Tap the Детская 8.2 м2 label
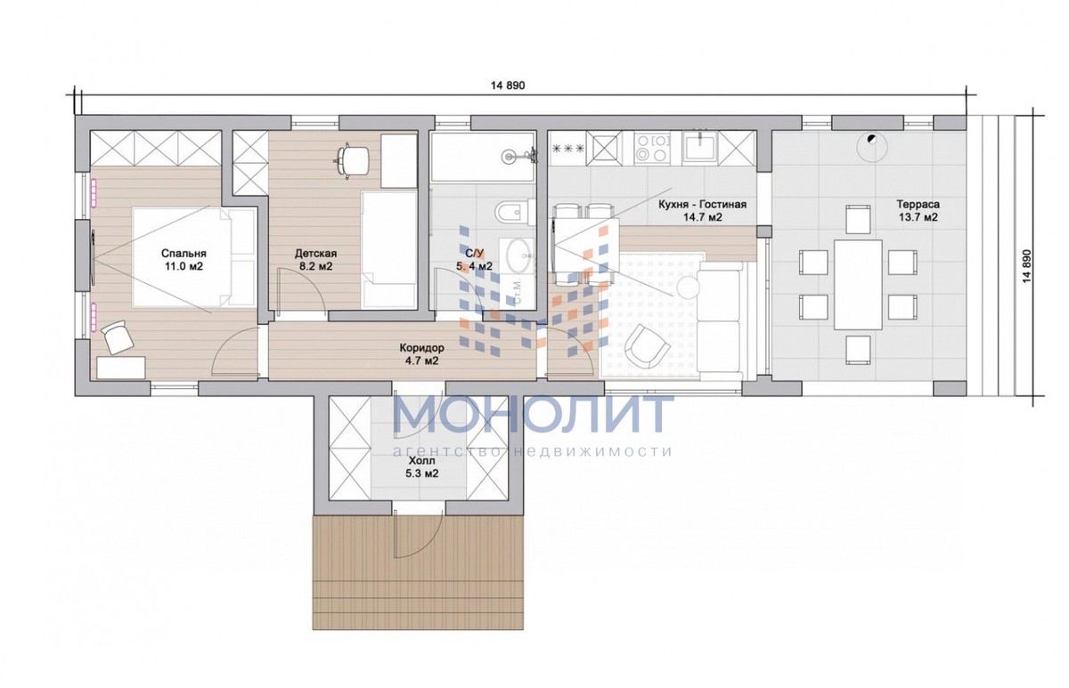pyautogui.click(x=315, y=259)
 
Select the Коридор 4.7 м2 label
pyautogui.click(x=421, y=354)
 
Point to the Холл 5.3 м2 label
pyautogui.click(x=421, y=467)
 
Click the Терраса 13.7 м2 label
pyautogui.click(x=918, y=211)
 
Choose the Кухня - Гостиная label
pyautogui.click(x=702, y=205)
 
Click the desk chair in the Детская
pyautogui.click(x=352, y=159)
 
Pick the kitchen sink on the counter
pyautogui.click(x=700, y=147)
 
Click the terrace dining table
pyautogui.click(x=858, y=284)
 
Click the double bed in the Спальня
pyautogui.click(x=194, y=256)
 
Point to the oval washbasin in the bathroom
pyautogui.click(x=518, y=255)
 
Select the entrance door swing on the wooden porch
pyautogui.click(x=419, y=533)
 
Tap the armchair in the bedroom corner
pyautogui.click(x=117, y=337)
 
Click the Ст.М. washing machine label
pyautogui.click(x=518, y=291)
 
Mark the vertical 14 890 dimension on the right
pyautogui.click(x=1026, y=265)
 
